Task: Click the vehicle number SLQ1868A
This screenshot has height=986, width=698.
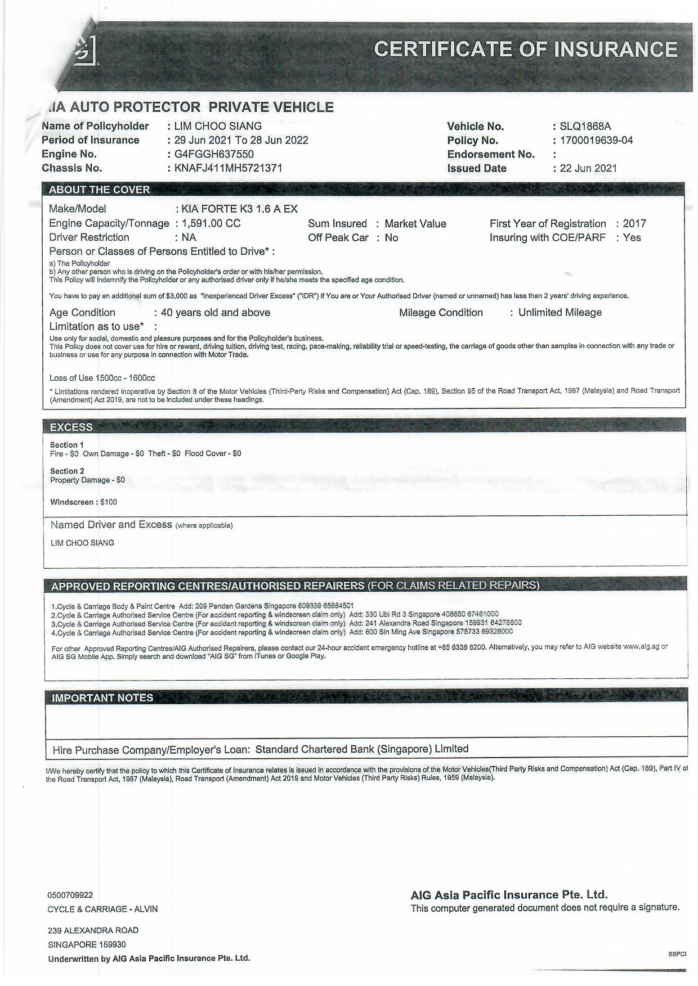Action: (585, 127)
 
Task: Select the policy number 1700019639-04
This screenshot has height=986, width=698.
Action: (596, 141)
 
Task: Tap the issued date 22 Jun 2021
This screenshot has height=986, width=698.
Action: (588, 168)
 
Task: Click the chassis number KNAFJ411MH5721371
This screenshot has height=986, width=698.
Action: (228, 168)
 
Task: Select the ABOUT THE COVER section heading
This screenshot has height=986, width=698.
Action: (100, 190)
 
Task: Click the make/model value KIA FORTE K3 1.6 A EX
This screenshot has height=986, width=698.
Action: (240, 209)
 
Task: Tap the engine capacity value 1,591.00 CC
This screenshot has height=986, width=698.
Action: (211, 223)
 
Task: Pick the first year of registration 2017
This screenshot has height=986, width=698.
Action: (634, 223)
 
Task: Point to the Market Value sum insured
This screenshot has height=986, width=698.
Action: (415, 224)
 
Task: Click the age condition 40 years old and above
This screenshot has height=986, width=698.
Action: (216, 313)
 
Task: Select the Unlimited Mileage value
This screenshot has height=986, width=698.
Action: (560, 313)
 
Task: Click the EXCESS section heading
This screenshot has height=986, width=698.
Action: (71, 427)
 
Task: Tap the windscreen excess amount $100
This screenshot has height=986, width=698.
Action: (109, 502)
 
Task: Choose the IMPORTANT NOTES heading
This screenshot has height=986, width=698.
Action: (102, 698)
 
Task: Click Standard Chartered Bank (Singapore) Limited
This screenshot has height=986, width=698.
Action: (362, 749)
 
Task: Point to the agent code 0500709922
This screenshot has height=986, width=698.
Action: (70, 895)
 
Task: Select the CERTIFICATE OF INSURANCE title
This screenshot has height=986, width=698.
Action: (525, 49)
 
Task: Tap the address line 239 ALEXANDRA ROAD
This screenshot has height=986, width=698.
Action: (93, 930)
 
